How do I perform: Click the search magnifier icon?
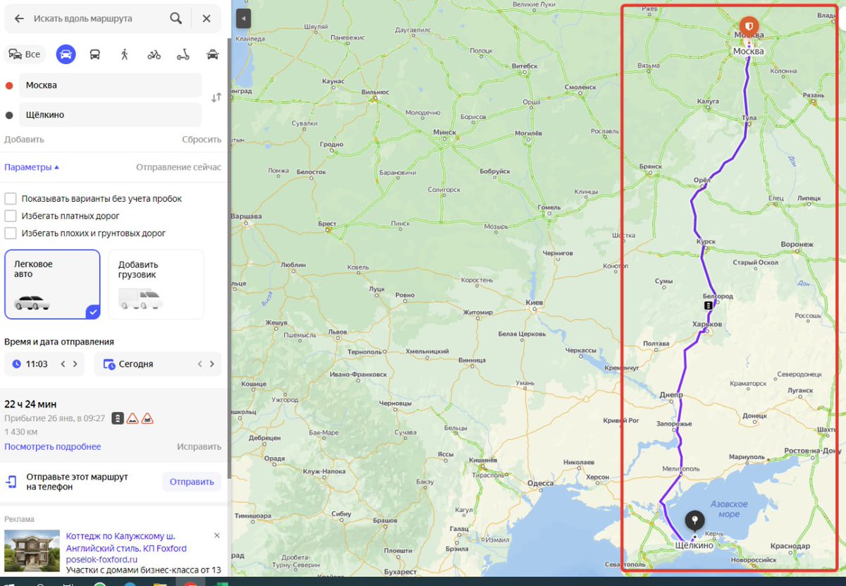click(176, 19)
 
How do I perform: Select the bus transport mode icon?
click(94, 54)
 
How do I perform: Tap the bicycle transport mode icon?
click(154, 54)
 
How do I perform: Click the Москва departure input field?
click(110, 85)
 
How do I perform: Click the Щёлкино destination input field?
click(110, 115)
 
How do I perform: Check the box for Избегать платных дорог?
click(11, 216)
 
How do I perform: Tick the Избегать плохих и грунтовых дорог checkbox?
click(11, 233)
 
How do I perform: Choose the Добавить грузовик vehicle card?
click(156, 284)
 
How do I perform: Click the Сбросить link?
click(202, 140)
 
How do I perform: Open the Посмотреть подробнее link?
click(53, 446)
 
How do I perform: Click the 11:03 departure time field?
click(37, 364)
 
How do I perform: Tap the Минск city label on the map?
click(445, 133)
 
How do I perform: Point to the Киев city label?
click(534, 303)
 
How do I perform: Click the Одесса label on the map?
click(541, 483)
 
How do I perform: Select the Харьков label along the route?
click(708, 324)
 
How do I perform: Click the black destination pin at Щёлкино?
click(695, 520)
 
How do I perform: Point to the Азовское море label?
click(729, 509)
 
